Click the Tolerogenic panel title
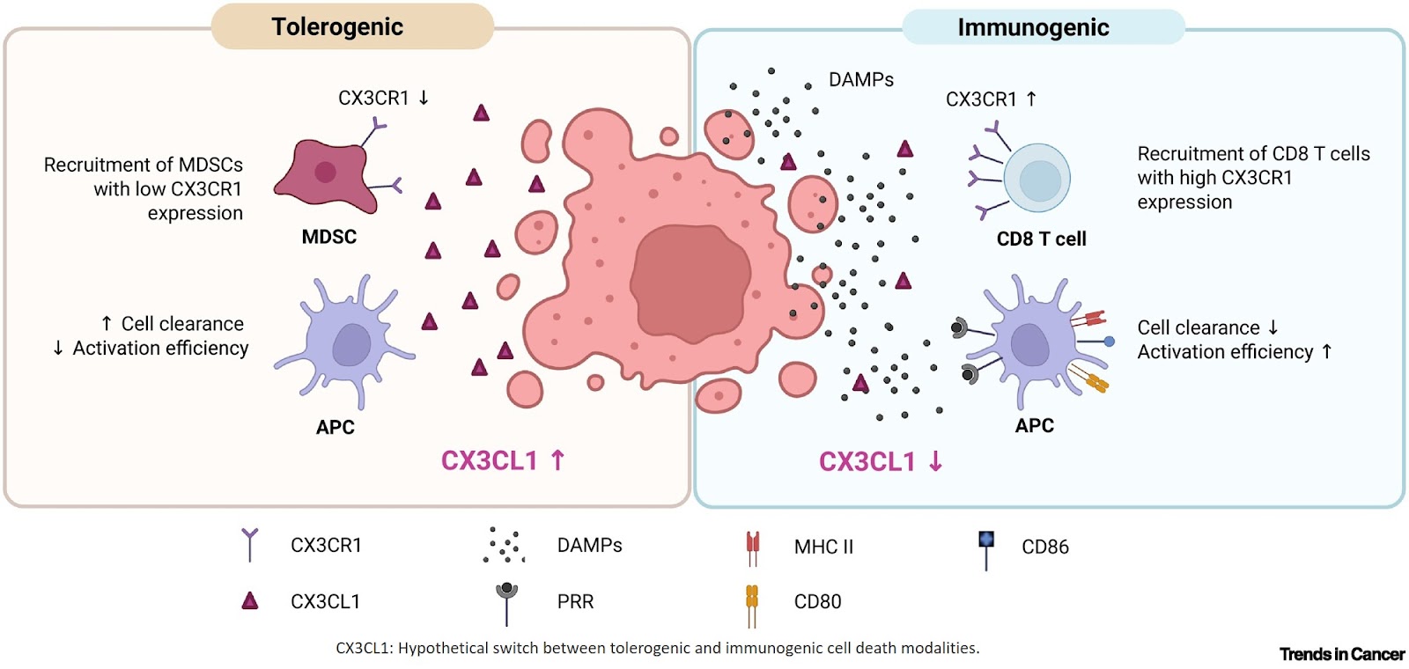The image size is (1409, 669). (x=337, y=27)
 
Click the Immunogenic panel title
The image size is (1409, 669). (x=1033, y=28)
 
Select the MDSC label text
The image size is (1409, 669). (x=328, y=237)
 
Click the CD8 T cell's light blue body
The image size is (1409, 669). (x=1037, y=179)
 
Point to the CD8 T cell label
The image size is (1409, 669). (x=1041, y=239)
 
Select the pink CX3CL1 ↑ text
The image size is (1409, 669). (x=502, y=460)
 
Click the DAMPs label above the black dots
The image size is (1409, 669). (x=860, y=80)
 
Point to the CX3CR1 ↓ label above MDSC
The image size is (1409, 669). (x=383, y=98)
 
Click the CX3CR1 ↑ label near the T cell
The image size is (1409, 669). (x=991, y=99)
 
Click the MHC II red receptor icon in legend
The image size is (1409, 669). (x=752, y=548)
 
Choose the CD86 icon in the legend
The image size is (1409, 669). (x=986, y=546)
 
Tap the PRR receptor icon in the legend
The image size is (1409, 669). (x=506, y=599)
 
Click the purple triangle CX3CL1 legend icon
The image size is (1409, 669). (x=250, y=601)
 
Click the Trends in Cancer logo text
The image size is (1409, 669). (x=1341, y=654)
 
